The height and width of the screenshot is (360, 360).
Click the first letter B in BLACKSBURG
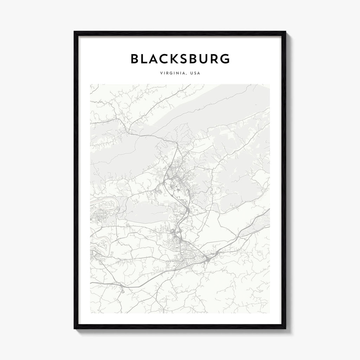[x=135, y=59]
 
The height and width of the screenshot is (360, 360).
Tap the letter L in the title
[x=146, y=59]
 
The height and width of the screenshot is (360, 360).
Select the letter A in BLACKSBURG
[x=156, y=59]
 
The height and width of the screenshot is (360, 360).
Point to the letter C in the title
[x=168, y=59]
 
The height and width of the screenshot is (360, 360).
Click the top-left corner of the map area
[x=90, y=84]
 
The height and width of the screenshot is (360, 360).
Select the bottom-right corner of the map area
[x=270, y=313]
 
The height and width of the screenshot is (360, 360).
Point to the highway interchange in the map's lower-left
[x=122, y=287]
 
